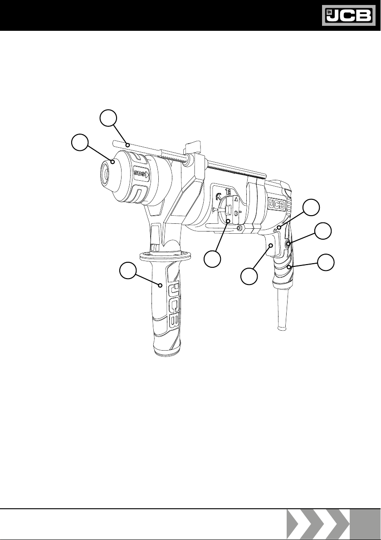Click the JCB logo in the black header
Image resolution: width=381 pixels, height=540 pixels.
pos(349,15)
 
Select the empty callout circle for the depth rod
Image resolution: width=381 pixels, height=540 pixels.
pos(108,118)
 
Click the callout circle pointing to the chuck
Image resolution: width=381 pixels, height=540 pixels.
pos(80,143)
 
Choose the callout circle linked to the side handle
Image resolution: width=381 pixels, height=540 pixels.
pos(128,270)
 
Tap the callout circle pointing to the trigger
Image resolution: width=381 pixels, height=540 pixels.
pos(249,276)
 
